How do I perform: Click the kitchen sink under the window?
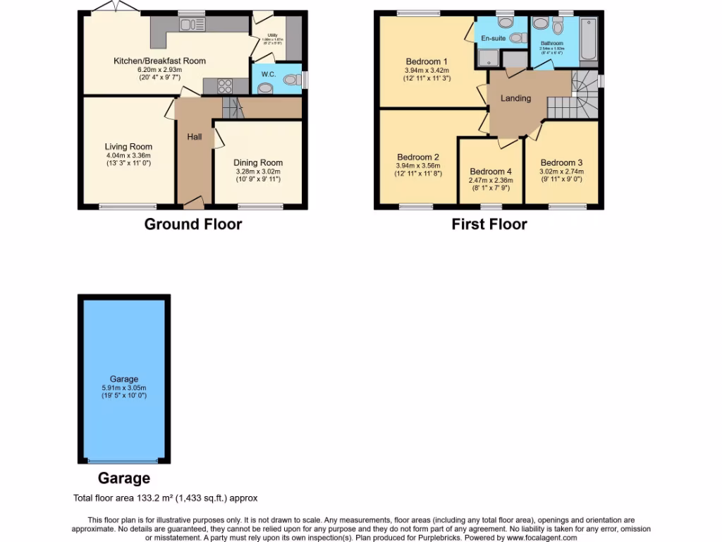coord(190,25)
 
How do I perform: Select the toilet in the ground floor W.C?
coord(290,82)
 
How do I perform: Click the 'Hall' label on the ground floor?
coord(195,137)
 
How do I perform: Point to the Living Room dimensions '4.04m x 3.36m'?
coord(128,155)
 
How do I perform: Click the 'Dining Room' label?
coord(257,162)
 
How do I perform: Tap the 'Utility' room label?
coord(271,35)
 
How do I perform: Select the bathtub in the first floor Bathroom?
coord(588,39)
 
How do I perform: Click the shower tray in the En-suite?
coord(486,59)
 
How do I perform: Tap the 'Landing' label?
coord(515,98)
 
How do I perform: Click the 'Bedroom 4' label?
coord(491,171)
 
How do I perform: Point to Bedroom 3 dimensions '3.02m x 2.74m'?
coord(562,171)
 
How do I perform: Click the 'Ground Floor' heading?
coord(192,224)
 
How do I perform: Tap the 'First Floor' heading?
coord(489,224)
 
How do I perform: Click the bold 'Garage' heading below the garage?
coord(123,478)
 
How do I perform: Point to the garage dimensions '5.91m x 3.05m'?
coord(124,387)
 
